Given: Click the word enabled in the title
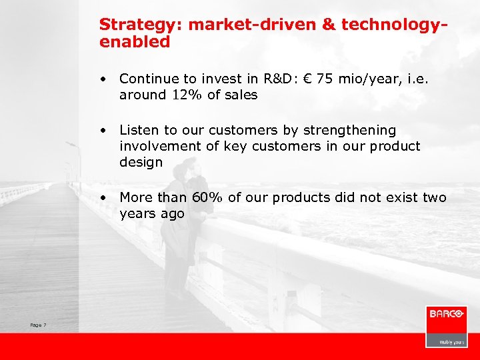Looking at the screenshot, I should coord(135,41).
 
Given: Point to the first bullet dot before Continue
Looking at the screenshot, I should coord(104,78).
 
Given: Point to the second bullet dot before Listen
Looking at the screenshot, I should coord(104,130).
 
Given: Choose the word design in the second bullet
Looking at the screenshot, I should coord(141,163).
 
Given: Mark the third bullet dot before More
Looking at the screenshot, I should coord(104,198).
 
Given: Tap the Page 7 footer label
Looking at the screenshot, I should coord(38,325).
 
